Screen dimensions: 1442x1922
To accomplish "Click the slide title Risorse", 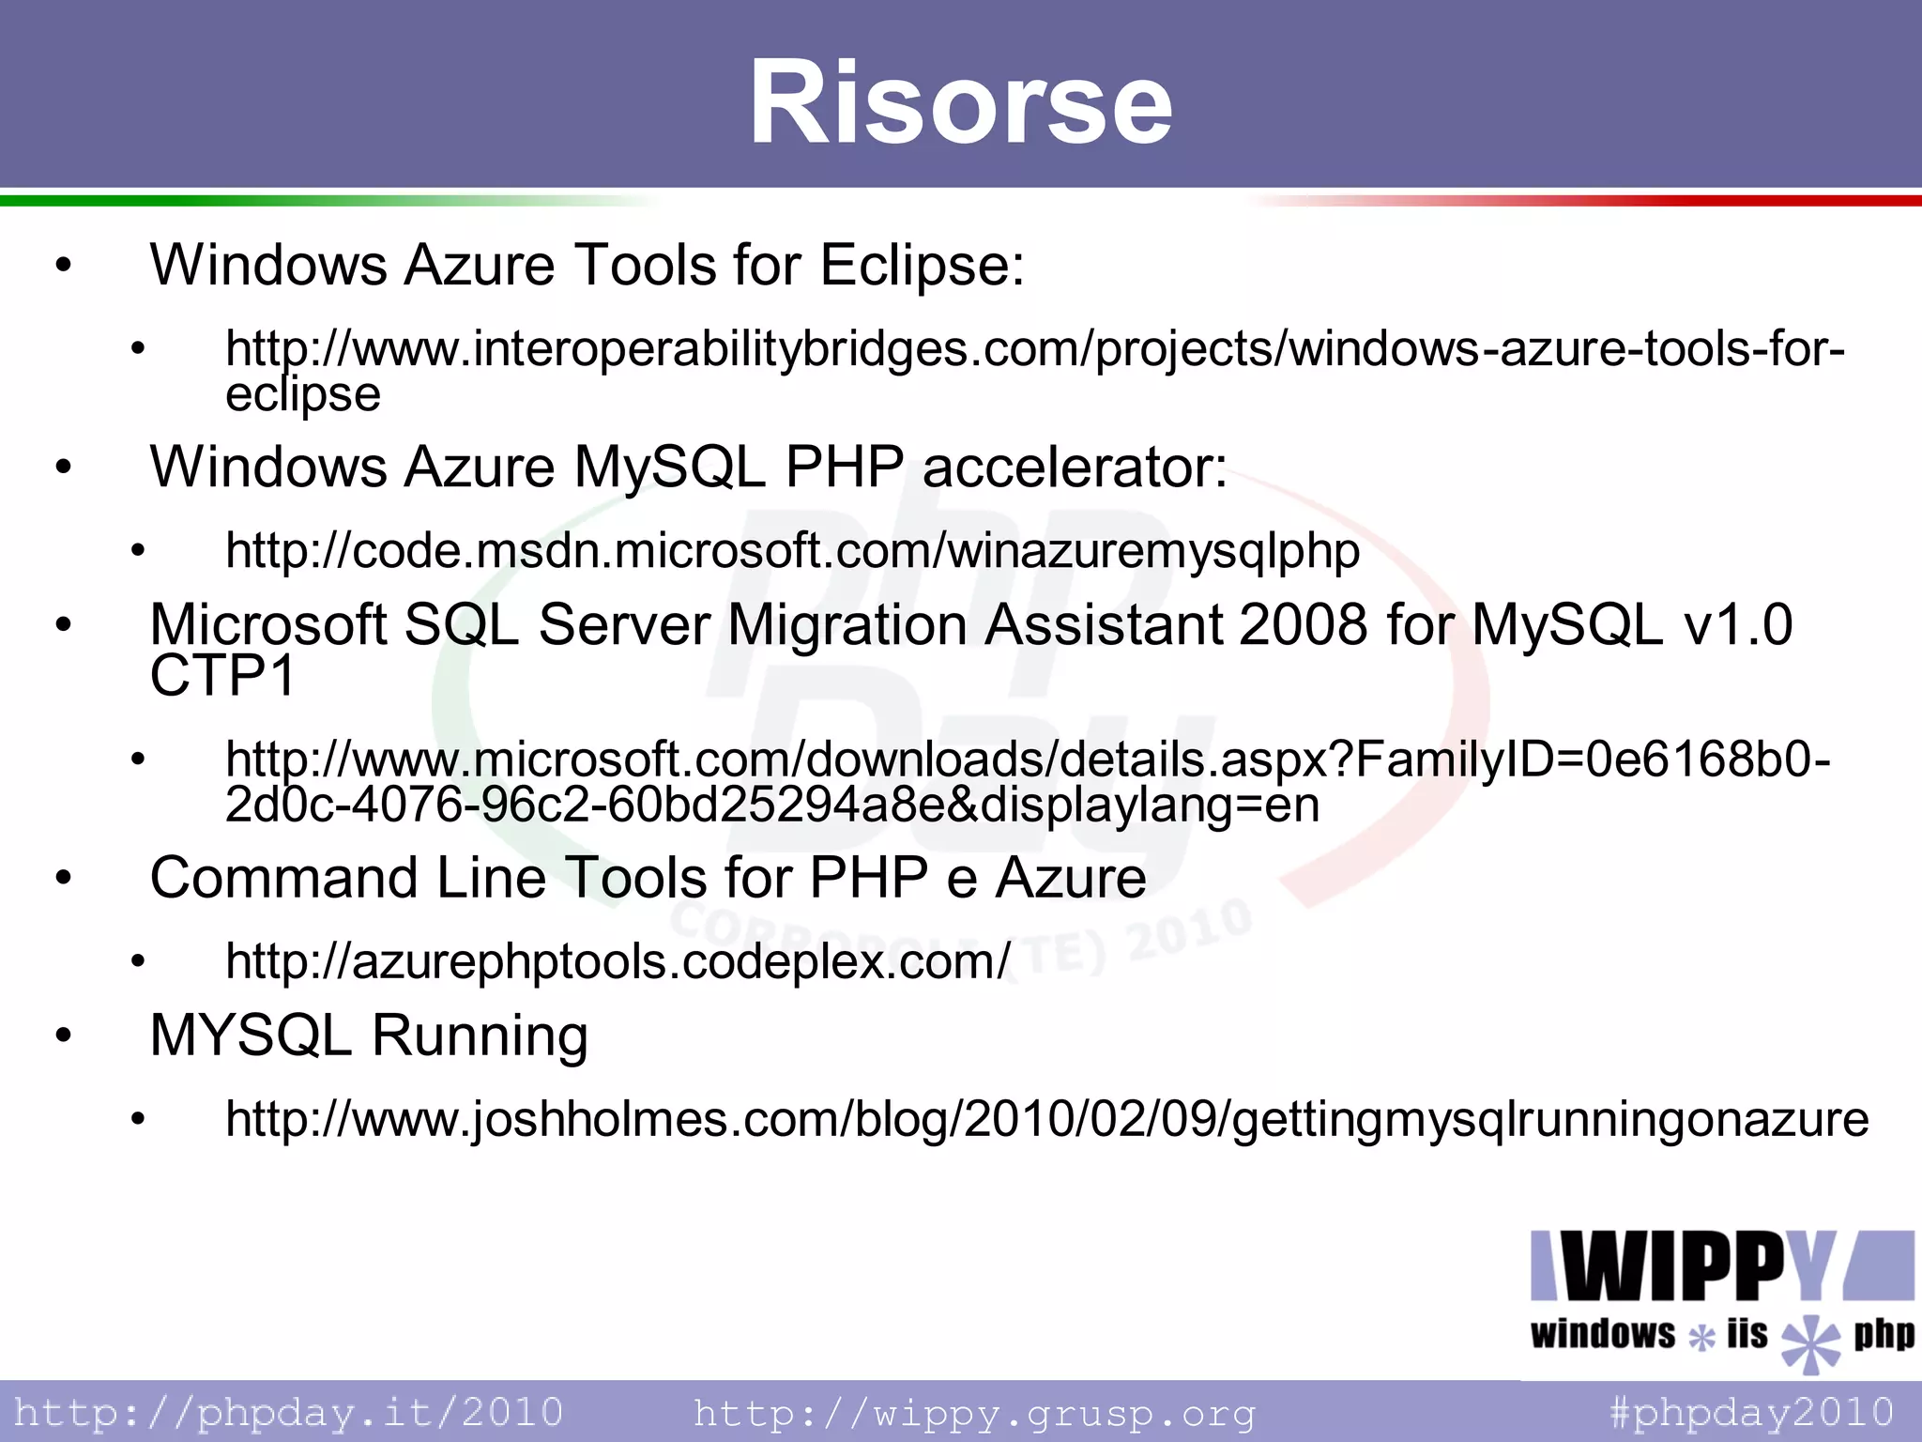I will click(960, 101).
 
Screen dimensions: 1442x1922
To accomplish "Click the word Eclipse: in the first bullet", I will click(922, 265).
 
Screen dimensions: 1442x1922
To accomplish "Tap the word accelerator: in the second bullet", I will click(1075, 467).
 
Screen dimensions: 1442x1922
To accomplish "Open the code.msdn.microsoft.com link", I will click(792, 551).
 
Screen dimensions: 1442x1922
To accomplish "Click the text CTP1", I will click(222, 675).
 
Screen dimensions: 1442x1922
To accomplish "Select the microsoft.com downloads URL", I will click(1027, 760).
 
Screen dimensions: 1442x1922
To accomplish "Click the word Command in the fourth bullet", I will click(283, 879).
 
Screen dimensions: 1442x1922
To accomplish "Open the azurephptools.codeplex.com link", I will click(618, 961).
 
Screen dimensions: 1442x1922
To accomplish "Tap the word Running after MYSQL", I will click(480, 1035).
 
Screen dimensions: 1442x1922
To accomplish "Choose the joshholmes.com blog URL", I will click(1046, 1119).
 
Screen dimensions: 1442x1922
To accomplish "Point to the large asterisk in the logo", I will click(1811, 1342).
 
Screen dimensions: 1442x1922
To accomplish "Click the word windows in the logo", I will click(1602, 1334).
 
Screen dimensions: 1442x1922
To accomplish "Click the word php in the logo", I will click(1883, 1334).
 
